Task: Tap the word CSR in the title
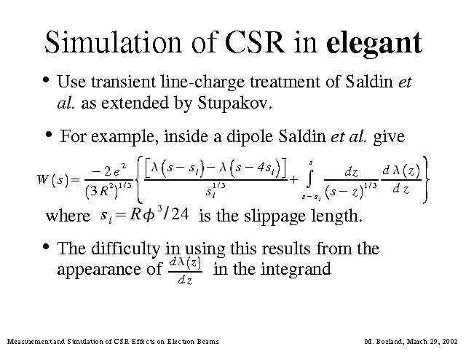(254, 42)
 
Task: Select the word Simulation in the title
(113, 42)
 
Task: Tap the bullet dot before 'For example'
(49, 134)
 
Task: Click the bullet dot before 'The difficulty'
(46, 246)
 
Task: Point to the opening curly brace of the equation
(139, 180)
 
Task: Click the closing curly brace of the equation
(425, 180)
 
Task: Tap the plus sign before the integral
(293, 180)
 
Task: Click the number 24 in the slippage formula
(180, 214)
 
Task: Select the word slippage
(275, 216)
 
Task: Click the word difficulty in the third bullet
(125, 249)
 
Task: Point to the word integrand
(296, 270)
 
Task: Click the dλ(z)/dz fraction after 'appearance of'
(186, 271)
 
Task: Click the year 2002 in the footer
(450, 341)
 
